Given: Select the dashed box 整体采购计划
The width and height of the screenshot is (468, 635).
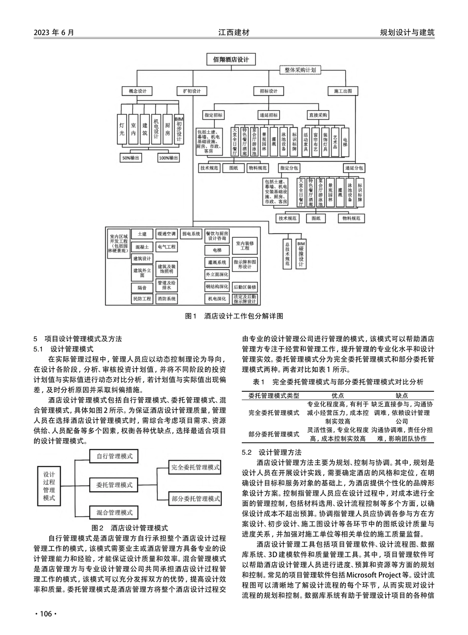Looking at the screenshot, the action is click(x=301, y=70).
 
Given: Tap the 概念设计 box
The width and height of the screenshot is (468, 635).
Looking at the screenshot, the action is click(x=130, y=91).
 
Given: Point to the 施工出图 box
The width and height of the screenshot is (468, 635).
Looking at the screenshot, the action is click(x=343, y=91).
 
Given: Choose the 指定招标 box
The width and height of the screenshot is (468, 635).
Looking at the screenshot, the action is click(x=213, y=115).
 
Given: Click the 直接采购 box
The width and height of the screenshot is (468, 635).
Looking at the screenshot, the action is click(x=318, y=115).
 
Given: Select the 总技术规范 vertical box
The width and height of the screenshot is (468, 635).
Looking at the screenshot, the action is click(x=287, y=254).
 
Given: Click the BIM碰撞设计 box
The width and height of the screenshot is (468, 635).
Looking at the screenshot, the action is click(x=301, y=254).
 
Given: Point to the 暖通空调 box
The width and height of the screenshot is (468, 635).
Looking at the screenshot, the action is click(x=166, y=234).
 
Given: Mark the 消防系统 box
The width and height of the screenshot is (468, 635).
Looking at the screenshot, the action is click(x=166, y=299).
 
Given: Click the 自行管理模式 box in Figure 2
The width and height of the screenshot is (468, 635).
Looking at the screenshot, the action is click(x=115, y=456).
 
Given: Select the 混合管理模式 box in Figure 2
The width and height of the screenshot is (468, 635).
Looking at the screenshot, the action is click(x=115, y=512).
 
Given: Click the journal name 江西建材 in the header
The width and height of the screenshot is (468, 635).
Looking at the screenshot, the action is click(x=234, y=32).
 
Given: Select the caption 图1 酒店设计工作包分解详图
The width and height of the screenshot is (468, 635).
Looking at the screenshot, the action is click(x=234, y=316).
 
